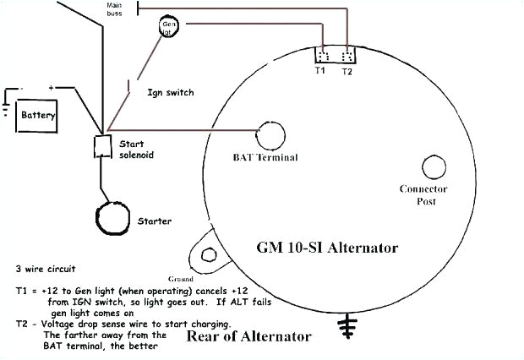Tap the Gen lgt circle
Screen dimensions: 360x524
pyautogui.click(x=170, y=28)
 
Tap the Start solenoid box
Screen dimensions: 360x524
pyautogui.click(x=104, y=147)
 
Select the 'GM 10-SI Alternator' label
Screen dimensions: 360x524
pyautogui.click(x=327, y=248)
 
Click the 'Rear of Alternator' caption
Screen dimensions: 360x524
pyautogui.click(x=261, y=336)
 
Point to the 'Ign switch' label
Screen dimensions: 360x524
pyautogui.click(x=166, y=91)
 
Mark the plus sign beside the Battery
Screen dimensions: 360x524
pyautogui.click(x=51, y=87)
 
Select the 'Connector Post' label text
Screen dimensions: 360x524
pyautogui.click(x=423, y=195)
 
